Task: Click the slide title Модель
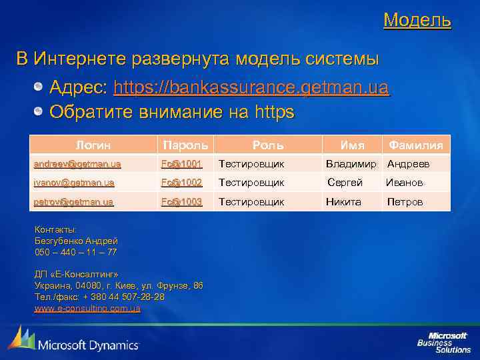(417, 20)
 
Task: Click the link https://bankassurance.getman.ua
(251, 88)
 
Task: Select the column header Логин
(93, 145)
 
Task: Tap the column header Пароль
(184, 145)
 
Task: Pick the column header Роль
(267, 145)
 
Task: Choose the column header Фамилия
(416, 145)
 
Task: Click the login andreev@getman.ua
(77, 163)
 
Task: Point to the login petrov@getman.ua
(73, 201)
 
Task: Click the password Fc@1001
(181, 163)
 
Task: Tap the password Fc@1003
(181, 201)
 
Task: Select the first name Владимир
(352, 163)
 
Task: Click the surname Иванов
(404, 182)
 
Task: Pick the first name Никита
(343, 201)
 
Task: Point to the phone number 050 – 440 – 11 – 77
(76, 252)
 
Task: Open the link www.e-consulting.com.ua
(87, 309)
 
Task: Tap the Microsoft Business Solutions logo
(444, 341)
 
